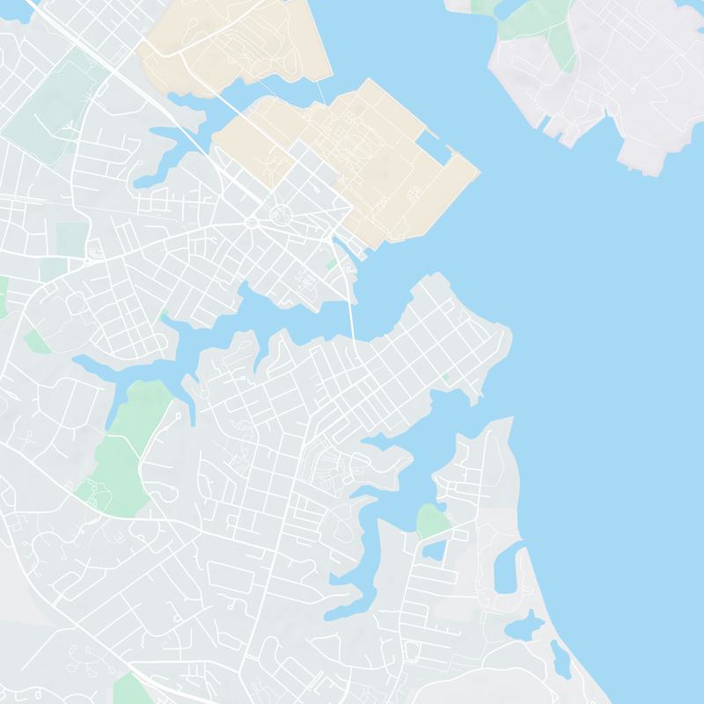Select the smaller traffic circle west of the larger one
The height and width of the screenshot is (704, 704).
(x=253, y=222)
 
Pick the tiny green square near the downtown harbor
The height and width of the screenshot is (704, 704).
(x=331, y=263)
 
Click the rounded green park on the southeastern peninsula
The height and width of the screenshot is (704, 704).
(x=433, y=521)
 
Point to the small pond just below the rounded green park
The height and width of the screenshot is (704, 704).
(x=434, y=550)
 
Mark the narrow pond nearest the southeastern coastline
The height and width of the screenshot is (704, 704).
(x=560, y=658)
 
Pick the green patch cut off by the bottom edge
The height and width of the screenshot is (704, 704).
(x=132, y=691)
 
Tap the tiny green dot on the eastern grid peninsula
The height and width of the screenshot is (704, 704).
(x=446, y=377)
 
